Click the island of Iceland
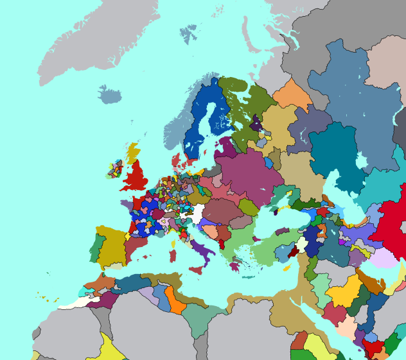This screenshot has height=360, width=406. click(110, 96)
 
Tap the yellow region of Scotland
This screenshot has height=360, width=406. click(134, 152)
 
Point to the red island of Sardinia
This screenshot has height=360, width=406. click(172, 255)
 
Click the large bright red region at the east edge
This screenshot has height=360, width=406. click(389, 225)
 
